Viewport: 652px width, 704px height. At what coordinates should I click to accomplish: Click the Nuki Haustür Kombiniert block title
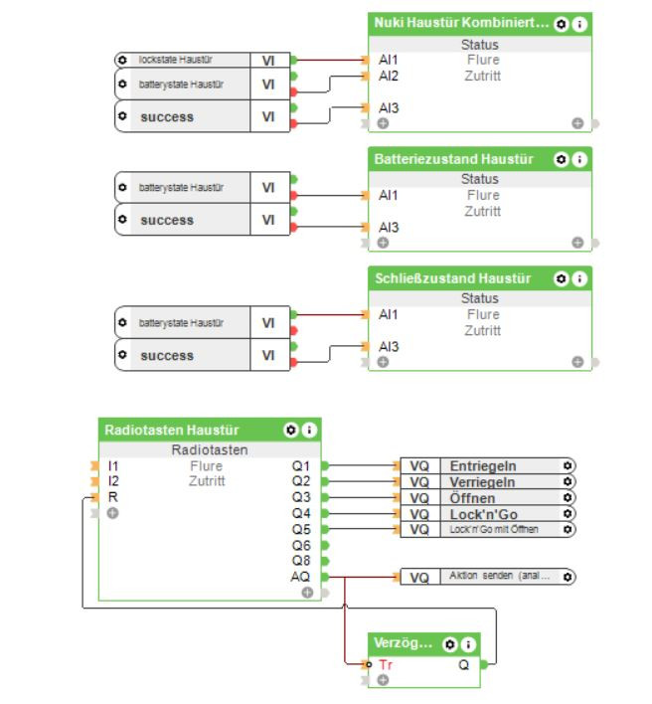(x=460, y=23)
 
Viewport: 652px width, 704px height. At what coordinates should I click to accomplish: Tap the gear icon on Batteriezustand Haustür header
(x=562, y=159)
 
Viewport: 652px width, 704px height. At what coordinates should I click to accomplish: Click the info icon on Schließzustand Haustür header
(x=579, y=278)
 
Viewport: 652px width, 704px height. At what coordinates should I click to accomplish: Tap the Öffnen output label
(x=472, y=497)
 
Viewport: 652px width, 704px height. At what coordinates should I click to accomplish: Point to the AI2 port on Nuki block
(x=388, y=76)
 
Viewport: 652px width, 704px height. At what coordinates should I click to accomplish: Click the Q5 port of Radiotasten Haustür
(x=301, y=529)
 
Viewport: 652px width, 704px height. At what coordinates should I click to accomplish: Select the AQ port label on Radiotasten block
(x=300, y=576)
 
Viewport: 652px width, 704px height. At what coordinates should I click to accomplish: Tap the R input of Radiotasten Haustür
(x=112, y=496)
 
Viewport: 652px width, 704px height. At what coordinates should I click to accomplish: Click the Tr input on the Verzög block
(x=386, y=664)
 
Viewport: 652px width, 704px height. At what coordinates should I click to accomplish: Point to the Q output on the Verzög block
(x=464, y=664)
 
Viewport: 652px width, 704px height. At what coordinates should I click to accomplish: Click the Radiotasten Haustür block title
(x=171, y=430)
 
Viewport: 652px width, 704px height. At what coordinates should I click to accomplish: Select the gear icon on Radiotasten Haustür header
(x=290, y=430)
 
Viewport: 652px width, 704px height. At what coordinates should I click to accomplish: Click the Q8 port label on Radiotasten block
(x=301, y=560)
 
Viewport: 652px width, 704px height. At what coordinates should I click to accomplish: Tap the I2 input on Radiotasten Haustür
(x=113, y=480)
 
